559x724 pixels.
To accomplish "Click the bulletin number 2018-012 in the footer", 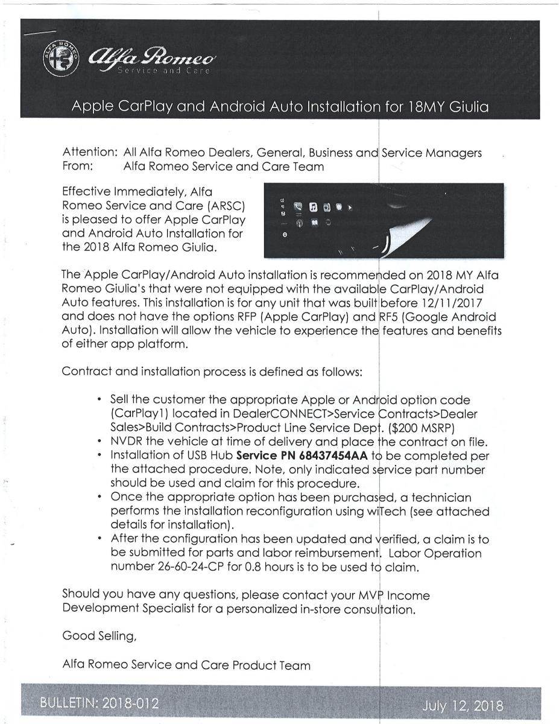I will pos(130,703).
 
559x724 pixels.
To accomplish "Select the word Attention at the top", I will pos(89,153).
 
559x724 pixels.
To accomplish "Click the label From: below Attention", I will pos(78,167).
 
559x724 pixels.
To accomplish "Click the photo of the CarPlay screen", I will pos(384,220).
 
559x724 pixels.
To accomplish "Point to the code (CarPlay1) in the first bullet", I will pos(141,414).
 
